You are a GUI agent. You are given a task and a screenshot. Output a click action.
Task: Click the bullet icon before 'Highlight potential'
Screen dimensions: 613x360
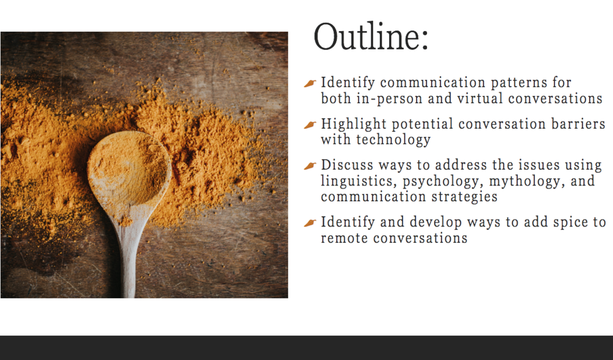point(310,124)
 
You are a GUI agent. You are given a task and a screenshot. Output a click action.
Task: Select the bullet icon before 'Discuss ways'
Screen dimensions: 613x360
point(310,166)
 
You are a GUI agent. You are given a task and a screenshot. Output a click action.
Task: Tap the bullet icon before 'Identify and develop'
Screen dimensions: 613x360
point(310,223)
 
